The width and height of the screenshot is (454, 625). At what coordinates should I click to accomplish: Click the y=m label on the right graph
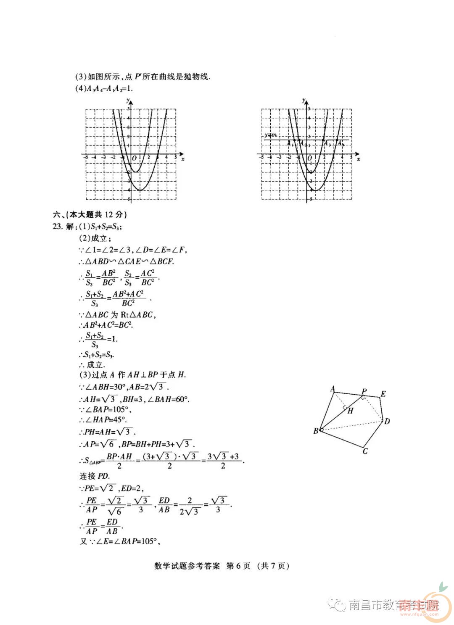270,134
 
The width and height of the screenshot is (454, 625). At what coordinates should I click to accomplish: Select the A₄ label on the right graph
340,143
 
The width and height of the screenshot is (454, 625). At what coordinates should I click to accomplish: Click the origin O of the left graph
134,158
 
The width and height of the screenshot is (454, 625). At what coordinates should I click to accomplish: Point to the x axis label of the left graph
182,159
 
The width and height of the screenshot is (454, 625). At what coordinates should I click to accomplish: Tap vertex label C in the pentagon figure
365,451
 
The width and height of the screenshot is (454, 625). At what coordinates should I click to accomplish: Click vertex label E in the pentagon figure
383,394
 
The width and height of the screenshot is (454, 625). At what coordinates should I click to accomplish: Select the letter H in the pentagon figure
350,411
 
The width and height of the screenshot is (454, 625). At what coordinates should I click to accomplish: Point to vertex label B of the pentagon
316,431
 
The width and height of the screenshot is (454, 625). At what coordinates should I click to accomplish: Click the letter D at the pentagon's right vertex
387,421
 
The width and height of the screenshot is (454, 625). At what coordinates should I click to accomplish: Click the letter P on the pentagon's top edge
364,391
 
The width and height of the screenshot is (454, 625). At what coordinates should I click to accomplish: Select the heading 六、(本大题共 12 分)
89,214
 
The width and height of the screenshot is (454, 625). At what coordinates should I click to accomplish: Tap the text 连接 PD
95,476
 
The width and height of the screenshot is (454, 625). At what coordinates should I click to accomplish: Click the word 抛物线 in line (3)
196,76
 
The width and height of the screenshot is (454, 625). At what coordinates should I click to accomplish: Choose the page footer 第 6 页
238,566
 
